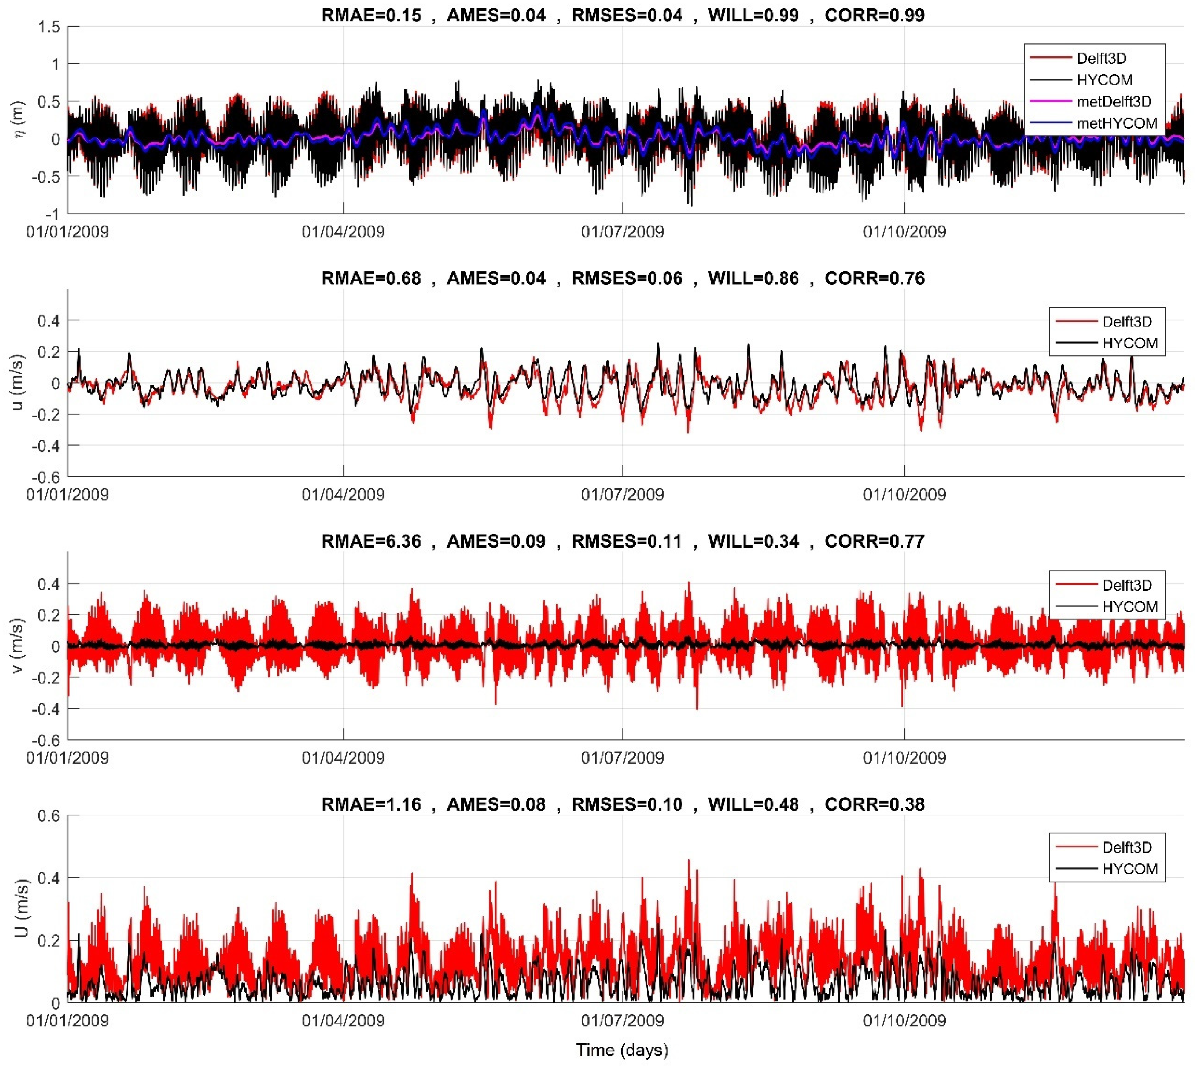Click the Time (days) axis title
(x=622, y=1050)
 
